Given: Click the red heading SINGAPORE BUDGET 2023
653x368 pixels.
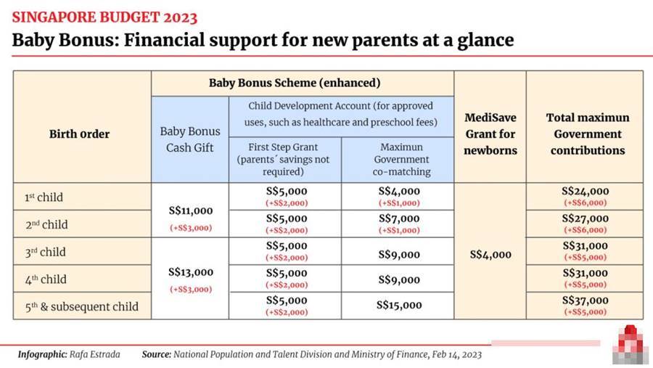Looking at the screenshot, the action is (104, 17).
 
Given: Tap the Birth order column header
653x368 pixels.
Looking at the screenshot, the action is (80, 134).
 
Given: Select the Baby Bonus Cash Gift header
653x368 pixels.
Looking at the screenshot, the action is (190, 139).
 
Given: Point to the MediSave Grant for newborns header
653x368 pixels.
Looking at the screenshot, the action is (490, 134).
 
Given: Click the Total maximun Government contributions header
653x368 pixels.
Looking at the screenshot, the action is (588, 134).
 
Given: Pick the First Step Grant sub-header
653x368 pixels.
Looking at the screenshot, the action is (283, 159).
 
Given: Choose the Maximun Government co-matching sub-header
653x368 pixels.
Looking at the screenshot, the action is (401, 159).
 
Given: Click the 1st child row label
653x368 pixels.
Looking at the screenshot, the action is (44, 197).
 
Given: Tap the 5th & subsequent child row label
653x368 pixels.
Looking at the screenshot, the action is (81, 307).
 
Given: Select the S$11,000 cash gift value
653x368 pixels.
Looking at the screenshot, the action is (191, 211).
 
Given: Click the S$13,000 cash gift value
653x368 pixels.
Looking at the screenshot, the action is (191, 273).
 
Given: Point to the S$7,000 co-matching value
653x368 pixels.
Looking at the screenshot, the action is (399, 218).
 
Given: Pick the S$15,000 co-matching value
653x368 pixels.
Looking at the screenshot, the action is (399, 305).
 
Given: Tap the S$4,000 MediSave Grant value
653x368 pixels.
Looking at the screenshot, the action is (490, 255).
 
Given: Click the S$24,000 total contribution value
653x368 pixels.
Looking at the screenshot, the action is (585, 192).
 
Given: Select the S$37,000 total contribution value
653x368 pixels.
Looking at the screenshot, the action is (585, 300).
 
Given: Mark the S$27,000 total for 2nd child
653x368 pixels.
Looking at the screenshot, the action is (585, 218).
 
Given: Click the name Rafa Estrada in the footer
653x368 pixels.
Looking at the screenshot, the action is (94, 355).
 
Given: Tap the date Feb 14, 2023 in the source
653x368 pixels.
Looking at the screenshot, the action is (457, 355).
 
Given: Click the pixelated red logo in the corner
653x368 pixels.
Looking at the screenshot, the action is (631, 344).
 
